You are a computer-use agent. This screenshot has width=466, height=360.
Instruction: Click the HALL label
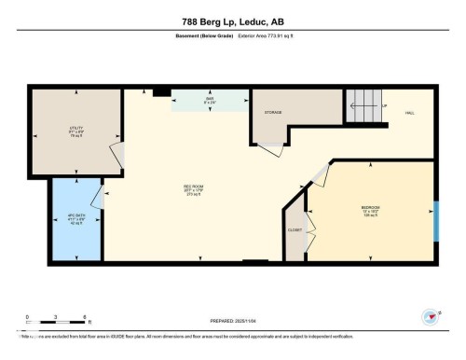pos(409,113)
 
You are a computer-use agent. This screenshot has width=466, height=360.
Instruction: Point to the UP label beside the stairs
pos(384,106)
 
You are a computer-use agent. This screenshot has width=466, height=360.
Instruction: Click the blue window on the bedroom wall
pos(435,219)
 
